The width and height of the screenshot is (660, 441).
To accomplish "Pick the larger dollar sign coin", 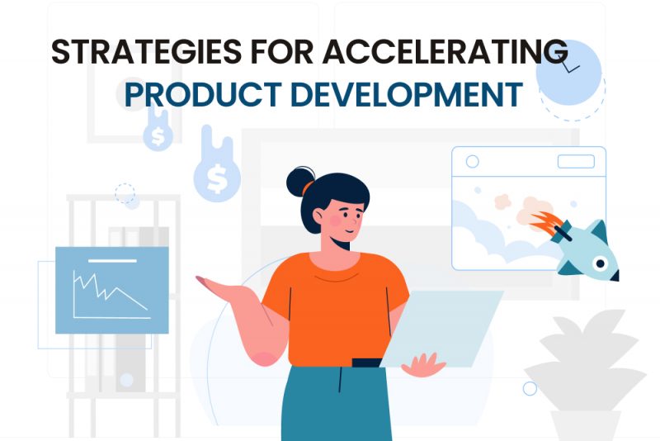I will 217,178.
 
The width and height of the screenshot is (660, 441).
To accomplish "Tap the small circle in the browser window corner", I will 472,161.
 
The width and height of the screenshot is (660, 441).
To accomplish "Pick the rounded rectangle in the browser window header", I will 576,161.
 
